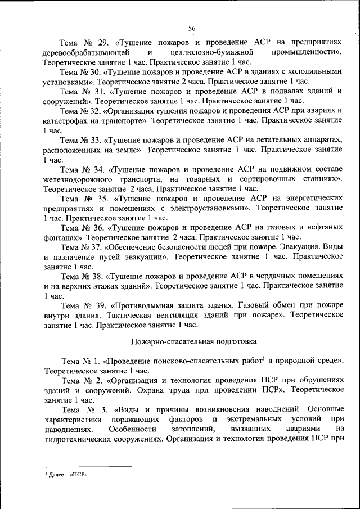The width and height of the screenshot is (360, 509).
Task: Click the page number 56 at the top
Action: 192,28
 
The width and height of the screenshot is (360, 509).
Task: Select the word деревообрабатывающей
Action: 83,52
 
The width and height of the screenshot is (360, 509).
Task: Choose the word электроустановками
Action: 207,208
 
